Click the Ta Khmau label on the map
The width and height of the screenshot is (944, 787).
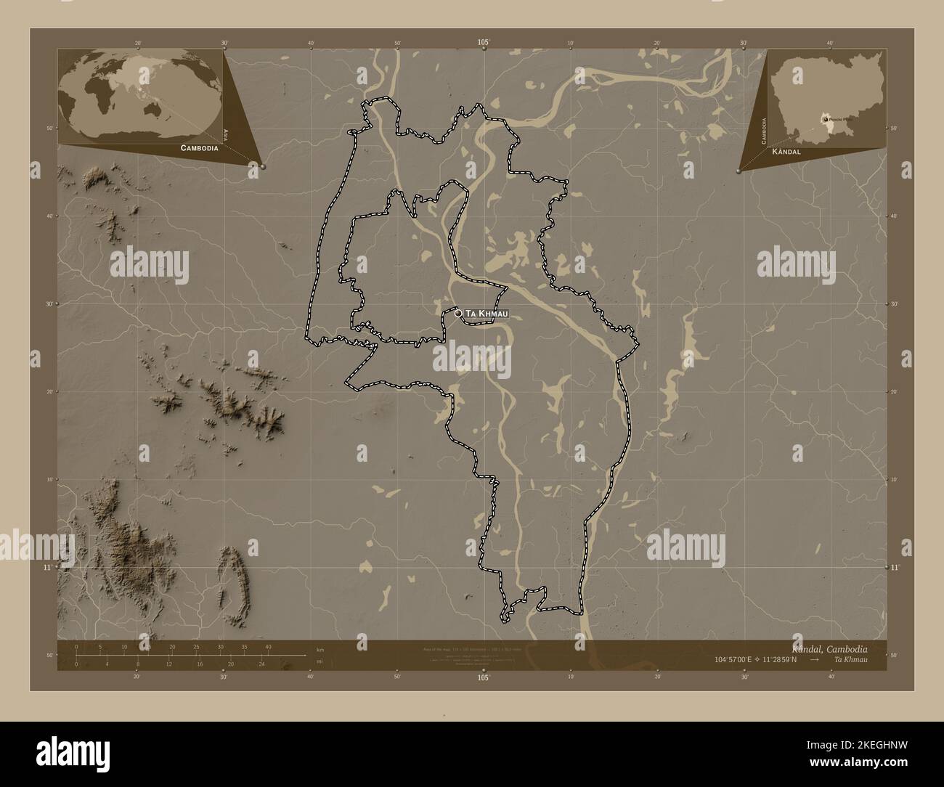point(486,314)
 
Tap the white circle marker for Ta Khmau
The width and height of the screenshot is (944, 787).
point(458,314)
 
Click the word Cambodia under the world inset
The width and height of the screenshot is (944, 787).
point(195,147)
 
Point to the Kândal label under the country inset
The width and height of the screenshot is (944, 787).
point(786,152)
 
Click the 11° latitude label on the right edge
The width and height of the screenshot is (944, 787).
point(895,567)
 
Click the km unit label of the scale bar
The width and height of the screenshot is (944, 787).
point(320,649)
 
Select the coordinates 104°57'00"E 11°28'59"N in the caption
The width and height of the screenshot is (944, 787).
point(755,659)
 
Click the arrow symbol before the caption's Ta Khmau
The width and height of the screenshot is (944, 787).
point(815,659)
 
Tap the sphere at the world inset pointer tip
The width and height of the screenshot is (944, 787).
point(263,166)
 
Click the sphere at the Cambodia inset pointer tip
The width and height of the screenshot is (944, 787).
point(738,171)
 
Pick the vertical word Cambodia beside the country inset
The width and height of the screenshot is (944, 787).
point(763,131)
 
